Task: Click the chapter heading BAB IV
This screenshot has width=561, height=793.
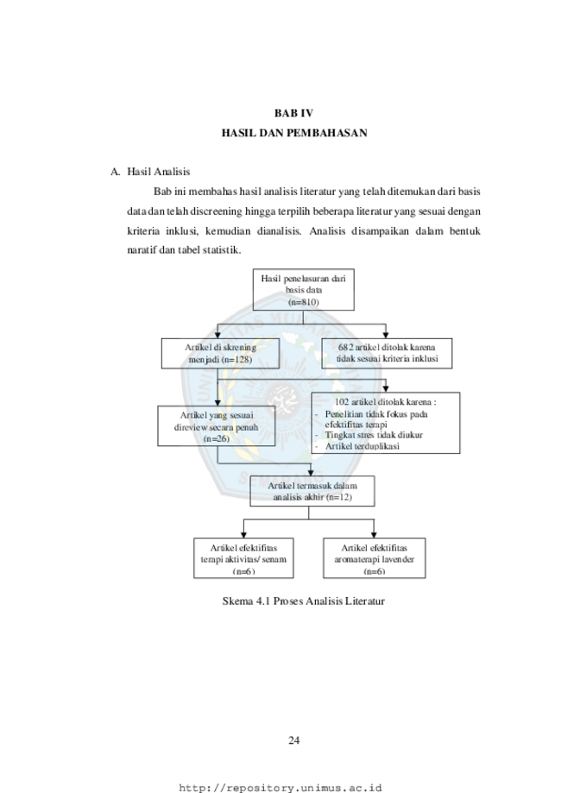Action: [x=293, y=113]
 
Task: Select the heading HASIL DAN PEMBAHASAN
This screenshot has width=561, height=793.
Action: [x=294, y=133]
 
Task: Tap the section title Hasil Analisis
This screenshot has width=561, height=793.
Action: [x=158, y=172]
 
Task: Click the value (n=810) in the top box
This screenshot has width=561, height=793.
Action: [x=304, y=302]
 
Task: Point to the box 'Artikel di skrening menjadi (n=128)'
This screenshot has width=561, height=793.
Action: [x=221, y=354]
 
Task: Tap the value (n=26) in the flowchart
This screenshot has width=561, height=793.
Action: [x=217, y=438]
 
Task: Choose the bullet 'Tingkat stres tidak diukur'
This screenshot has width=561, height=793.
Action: [x=374, y=435]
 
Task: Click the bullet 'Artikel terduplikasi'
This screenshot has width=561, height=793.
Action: [x=362, y=446]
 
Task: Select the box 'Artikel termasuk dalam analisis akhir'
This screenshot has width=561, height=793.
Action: [x=312, y=491]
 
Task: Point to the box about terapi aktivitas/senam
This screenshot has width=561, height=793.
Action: [x=243, y=557]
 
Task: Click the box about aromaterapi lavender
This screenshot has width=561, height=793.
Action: [x=375, y=557]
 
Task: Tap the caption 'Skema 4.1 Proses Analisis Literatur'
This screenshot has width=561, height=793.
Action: [x=304, y=601]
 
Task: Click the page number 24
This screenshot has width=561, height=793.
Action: [x=294, y=740]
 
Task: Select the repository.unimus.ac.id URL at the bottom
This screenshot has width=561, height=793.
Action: [x=280, y=788]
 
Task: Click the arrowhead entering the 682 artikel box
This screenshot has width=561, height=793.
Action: [x=386, y=336]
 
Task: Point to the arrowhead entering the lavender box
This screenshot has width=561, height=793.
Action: [x=374, y=535]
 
